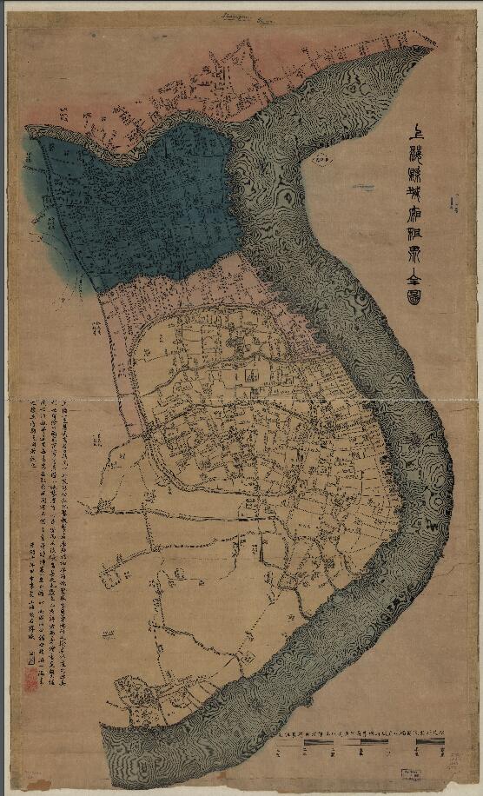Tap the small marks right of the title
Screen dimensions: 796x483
453,205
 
